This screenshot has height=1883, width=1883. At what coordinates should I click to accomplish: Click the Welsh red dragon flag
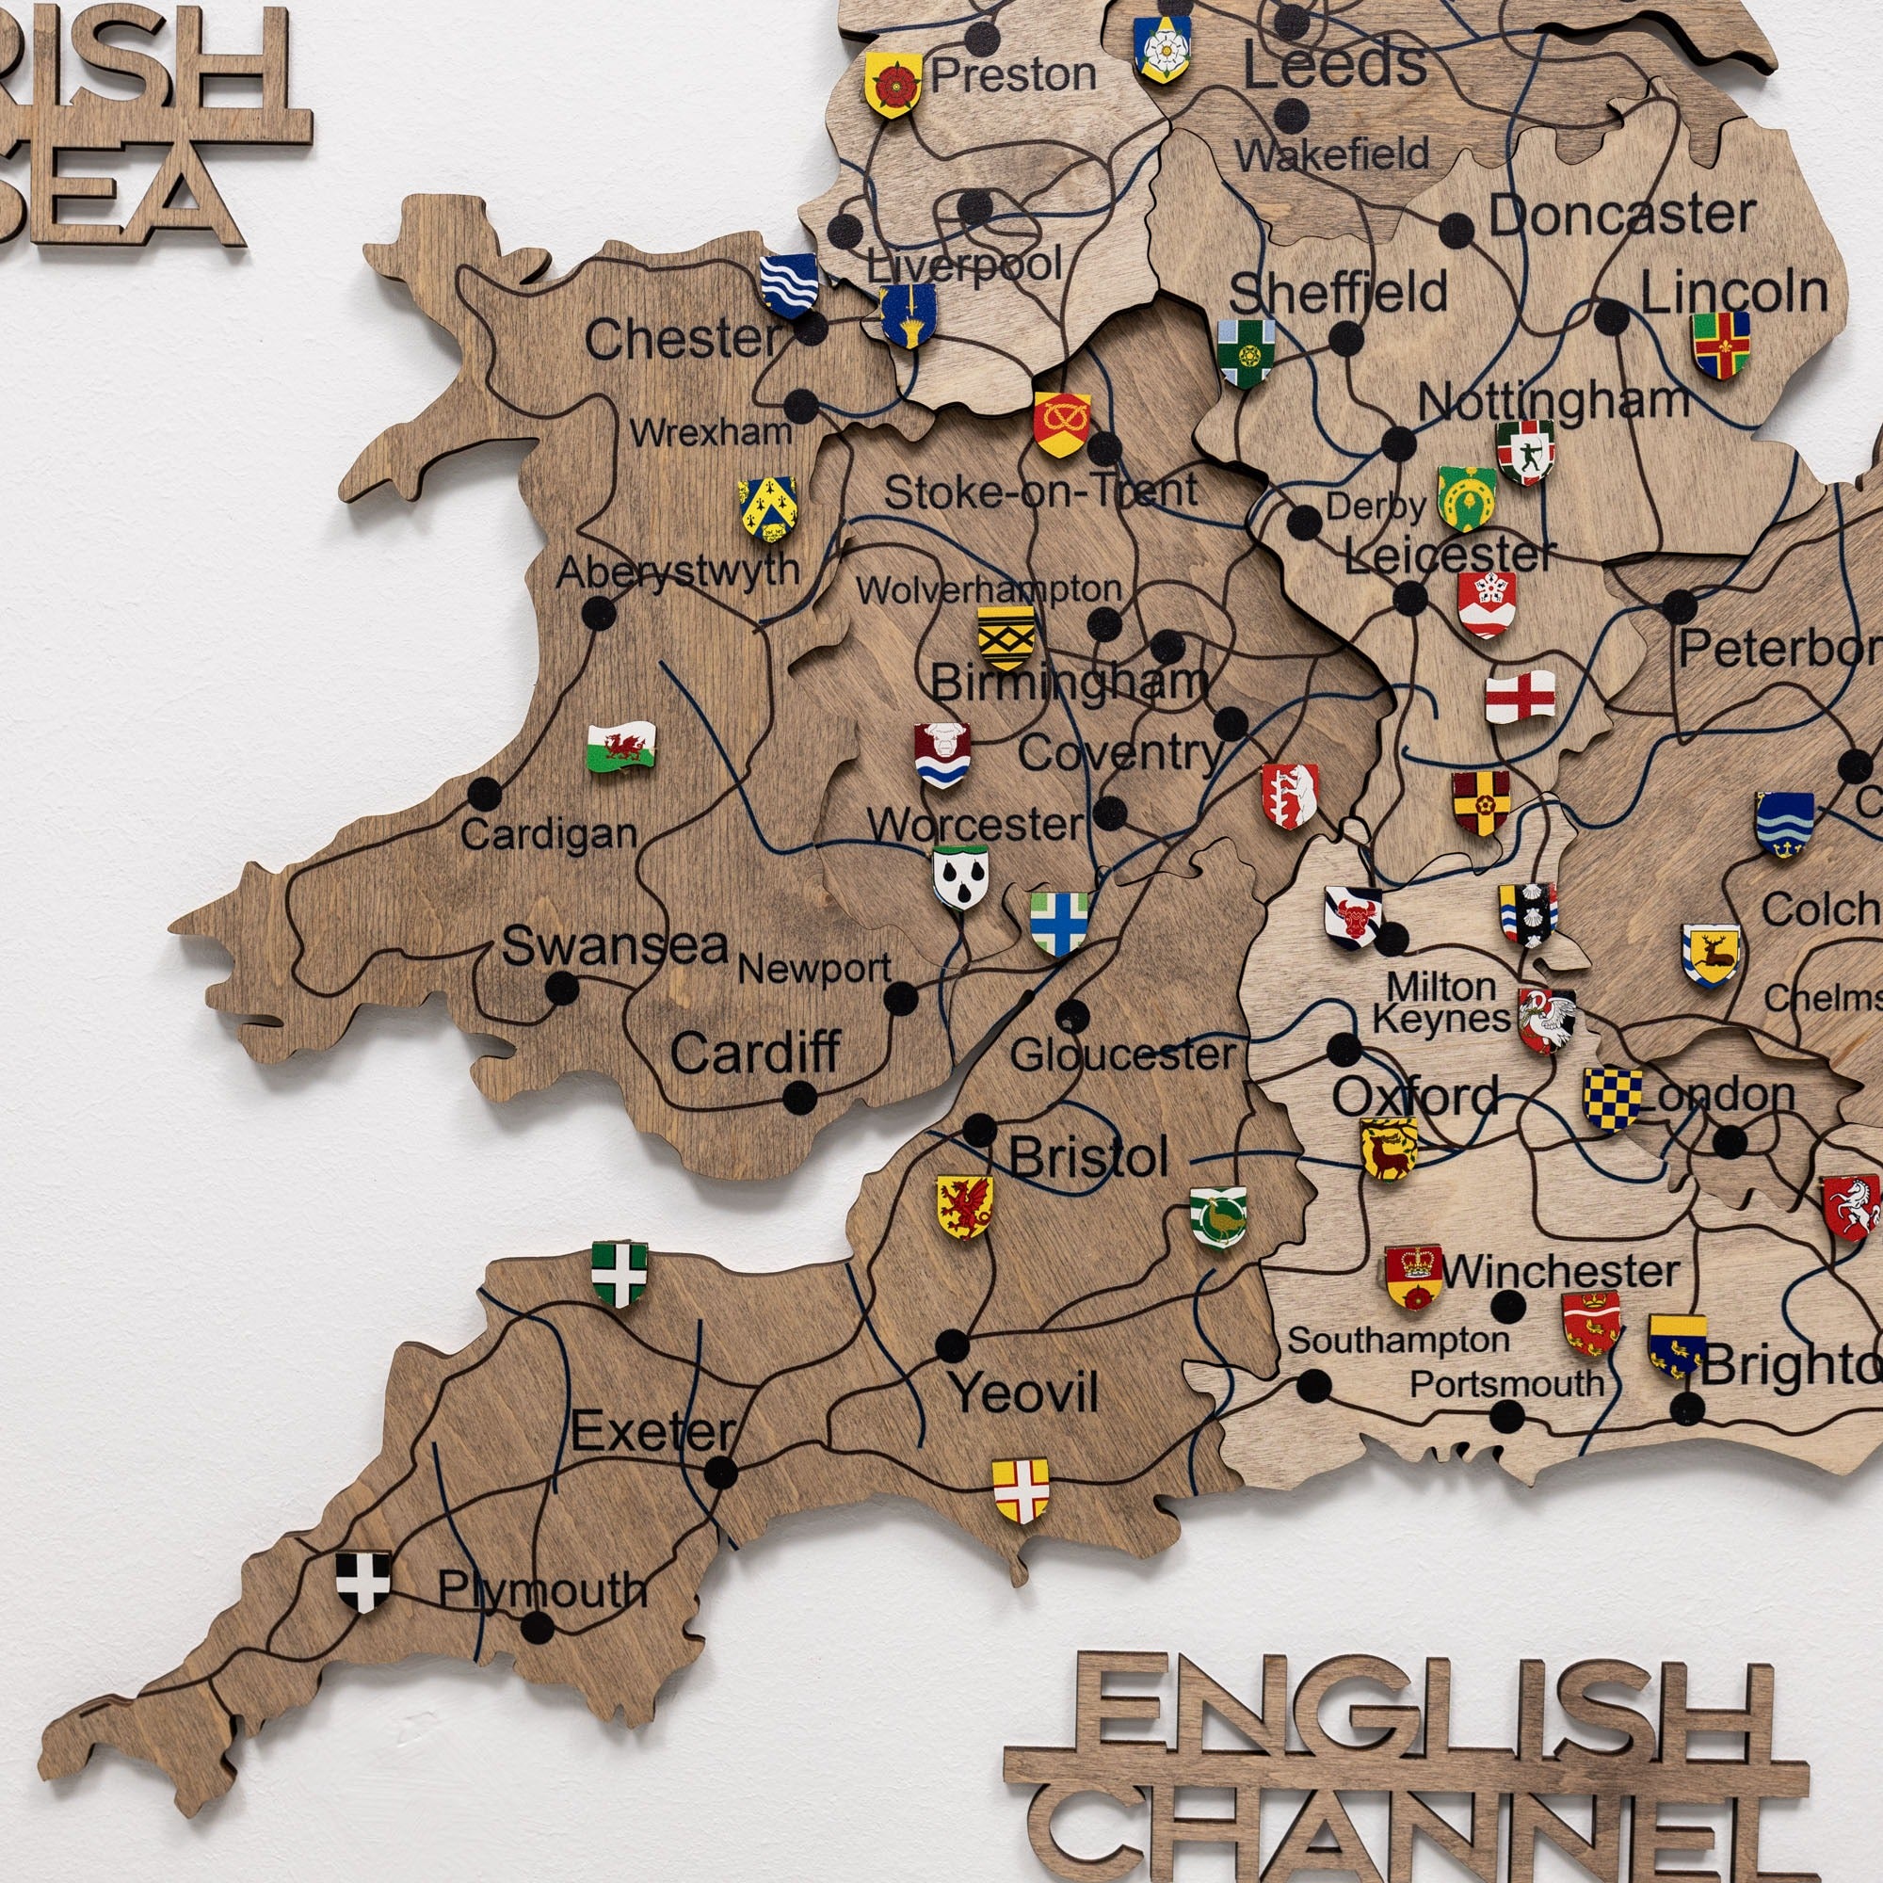point(620,747)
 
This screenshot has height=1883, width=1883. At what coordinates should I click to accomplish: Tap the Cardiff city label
point(755,1053)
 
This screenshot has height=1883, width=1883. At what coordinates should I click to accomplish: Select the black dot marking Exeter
point(720,1472)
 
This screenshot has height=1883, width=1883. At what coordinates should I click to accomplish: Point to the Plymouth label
point(542,1589)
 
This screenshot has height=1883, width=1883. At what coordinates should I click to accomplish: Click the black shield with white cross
point(363,1581)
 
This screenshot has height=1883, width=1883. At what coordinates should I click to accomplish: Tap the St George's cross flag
point(1520,697)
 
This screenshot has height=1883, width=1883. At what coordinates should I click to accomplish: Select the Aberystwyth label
point(677,571)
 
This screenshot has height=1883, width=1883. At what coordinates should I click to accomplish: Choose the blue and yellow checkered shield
point(1611,1099)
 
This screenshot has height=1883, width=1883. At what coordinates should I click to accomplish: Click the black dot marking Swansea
point(560,988)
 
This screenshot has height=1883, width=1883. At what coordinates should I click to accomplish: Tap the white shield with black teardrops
point(960,877)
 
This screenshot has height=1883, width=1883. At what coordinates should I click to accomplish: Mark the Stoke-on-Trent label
point(1040,491)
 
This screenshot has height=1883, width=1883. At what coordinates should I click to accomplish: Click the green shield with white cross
point(619,1273)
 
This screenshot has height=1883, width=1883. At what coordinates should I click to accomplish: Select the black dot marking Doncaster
point(1457,231)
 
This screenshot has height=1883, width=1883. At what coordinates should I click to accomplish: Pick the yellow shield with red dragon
point(964,1206)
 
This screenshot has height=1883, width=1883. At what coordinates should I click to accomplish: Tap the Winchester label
point(1559,1271)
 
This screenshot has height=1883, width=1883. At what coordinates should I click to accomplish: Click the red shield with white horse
point(1850,1207)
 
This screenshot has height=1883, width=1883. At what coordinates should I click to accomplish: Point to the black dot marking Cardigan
point(484,794)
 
